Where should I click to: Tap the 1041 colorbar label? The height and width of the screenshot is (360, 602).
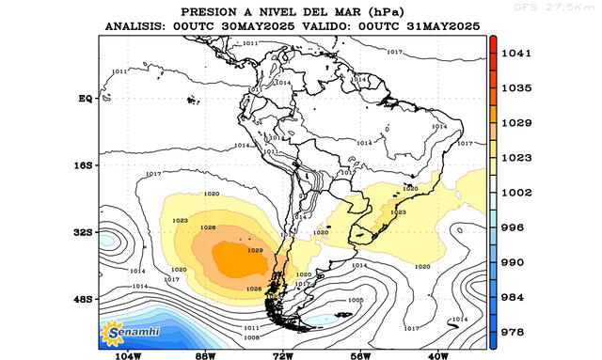pos(517,54)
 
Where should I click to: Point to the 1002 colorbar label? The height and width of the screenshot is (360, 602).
pos(517,192)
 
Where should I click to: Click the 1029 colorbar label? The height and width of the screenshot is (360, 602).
pos(517,122)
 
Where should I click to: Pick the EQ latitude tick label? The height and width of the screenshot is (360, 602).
pos(85,98)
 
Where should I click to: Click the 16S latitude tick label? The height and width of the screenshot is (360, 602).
pos(84,164)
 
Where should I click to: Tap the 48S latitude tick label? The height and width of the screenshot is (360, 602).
pos(84,299)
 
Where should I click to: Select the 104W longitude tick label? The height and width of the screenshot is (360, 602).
pos(128,356)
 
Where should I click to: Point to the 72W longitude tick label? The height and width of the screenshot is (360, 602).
pos(283,356)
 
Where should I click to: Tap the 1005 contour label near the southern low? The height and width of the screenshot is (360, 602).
pos(355,300)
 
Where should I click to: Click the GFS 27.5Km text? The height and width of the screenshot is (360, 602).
pos(568,7)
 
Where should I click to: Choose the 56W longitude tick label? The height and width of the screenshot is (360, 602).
pos(360,356)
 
